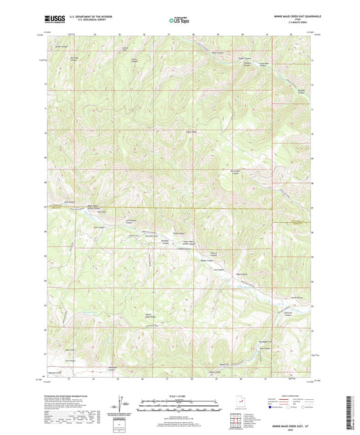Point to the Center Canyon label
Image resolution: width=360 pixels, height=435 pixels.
coord(81,47)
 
